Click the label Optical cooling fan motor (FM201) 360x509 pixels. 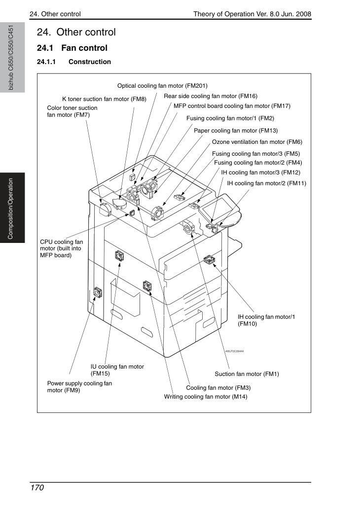tap(162, 86)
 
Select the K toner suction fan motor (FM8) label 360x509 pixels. tap(104, 99)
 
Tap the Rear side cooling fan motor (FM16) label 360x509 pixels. tap(211, 96)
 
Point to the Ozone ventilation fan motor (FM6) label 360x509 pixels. tap(257, 142)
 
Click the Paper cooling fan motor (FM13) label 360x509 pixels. tap(236, 131)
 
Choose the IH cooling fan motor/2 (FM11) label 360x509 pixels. tap(266, 183)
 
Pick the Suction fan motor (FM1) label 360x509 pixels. tap(247, 374)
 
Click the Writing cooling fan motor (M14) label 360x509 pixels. tap(206, 397)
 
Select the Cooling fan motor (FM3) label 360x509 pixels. tap(218, 388)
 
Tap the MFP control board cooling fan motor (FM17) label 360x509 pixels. tap(232, 106)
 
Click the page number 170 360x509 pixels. tap(37, 488)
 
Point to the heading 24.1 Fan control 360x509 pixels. tap(72, 48)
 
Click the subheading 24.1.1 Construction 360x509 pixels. tap(74, 62)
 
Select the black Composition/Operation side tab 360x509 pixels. tap(12, 208)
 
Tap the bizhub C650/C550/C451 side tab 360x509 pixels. tap(12, 58)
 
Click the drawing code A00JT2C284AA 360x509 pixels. tap(234, 351)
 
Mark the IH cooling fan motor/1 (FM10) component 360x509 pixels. tap(208, 259)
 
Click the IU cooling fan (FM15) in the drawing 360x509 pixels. tap(119, 256)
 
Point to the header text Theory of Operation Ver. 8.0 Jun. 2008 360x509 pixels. tap(252, 14)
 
